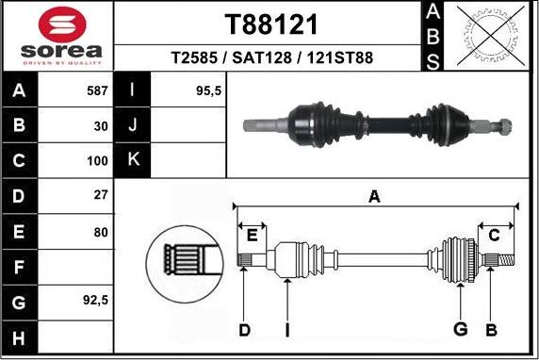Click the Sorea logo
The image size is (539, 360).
pyautogui.click(x=57, y=36)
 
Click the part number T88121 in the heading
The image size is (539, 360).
pyautogui.click(x=270, y=24)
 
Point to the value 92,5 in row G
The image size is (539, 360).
pyautogui.click(x=96, y=303)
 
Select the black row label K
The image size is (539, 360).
pyautogui.click(x=132, y=160)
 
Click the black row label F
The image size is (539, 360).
pyautogui.click(x=19, y=267)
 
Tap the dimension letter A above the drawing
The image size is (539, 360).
pyautogui.click(x=374, y=196)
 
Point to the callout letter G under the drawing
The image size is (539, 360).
pyautogui.click(x=460, y=329)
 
